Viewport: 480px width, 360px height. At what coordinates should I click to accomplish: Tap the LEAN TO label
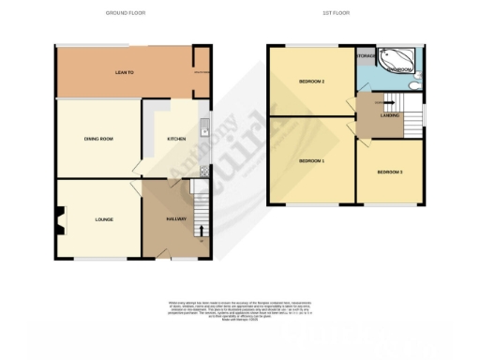[122, 72]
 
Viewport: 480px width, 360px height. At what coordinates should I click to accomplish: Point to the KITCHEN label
[176, 139]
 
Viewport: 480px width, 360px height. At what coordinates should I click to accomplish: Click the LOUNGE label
[103, 219]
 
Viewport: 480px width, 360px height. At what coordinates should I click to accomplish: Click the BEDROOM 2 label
[311, 82]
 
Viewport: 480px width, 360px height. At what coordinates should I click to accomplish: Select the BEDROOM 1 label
[311, 161]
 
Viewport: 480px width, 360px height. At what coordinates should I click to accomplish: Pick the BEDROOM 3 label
[389, 172]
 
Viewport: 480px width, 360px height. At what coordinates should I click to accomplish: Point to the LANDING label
[389, 115]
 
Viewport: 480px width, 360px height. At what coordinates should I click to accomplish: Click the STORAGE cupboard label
[366, 56]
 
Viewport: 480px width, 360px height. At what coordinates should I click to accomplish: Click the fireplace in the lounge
[60, 222]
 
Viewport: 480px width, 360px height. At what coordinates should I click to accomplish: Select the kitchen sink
[202, 130]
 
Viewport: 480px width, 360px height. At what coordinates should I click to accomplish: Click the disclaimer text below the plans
[240, 308]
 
